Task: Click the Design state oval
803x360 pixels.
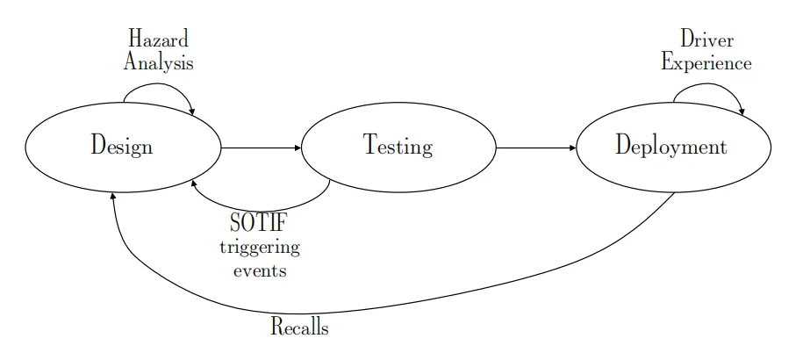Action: pyautogui.click(x=122, y=146)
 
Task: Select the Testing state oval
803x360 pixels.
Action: pyautogui.click(x=398, y=146)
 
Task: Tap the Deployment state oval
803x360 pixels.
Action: pyautogui.click(x=671, y=146)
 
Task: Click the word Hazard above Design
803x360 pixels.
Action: pyautogui.click(x=158, y=40)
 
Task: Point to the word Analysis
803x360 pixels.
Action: pyautogui.click(x=158, y=63)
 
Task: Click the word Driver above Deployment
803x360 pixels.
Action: pyautogui.click(x=706, y=40)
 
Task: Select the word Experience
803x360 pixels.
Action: pyautogui.click(x=706, y=63)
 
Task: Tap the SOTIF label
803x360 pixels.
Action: pyautogui.click(x=259, y=224)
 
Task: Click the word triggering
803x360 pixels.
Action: pyautogui.click(x=259, y=248)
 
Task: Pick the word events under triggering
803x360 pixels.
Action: pyautogui.click(x=259, y=270)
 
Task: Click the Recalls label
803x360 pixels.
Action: pyautogui.click(x=299, y=328)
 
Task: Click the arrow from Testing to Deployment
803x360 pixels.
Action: pyautogui.click(x=535, y=148)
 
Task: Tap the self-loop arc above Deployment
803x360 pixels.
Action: pyautogui.click(x=709, y=84)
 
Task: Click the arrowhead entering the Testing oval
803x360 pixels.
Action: pyautogui.click(x=298, y=148)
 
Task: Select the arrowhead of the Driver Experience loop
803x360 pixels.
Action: pyautogui.click(x=743, y=112)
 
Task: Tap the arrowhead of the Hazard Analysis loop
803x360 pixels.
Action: pyautogui.click(x=192, y=111)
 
